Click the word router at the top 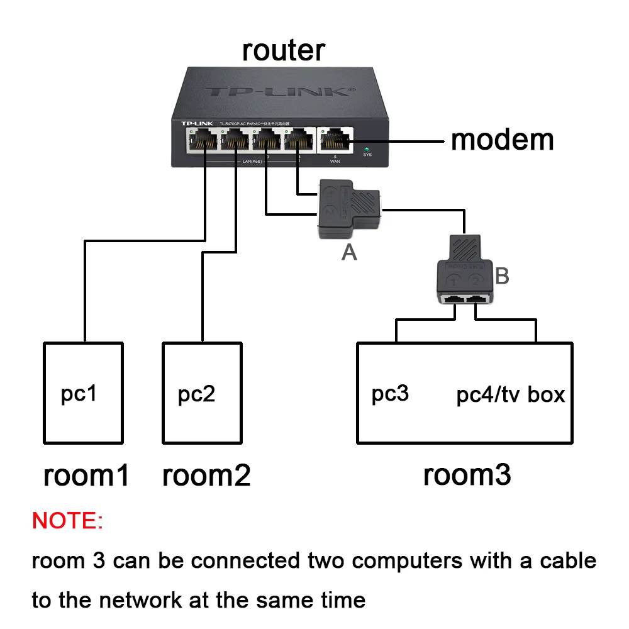tap(284, 50)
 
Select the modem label tap(502, 140)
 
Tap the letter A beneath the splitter tap(349, 252)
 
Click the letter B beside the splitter tap(502, 276)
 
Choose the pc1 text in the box tap(79, 394)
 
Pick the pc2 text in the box tap(196, 394)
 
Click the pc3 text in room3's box tap(390, 394)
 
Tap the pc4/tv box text tap(510, 395)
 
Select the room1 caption tap(86, 476)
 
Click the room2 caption tap(206, 476)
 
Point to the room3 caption tap(467, 475)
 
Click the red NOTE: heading tap(67, 521)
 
